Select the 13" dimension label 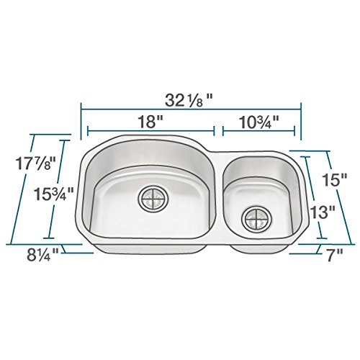click(x=326, y=212)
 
